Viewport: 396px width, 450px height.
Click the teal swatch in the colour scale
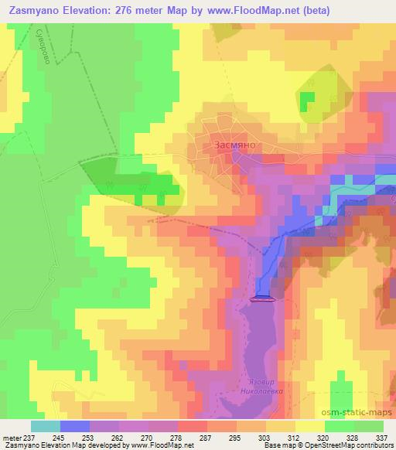point(46,426)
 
